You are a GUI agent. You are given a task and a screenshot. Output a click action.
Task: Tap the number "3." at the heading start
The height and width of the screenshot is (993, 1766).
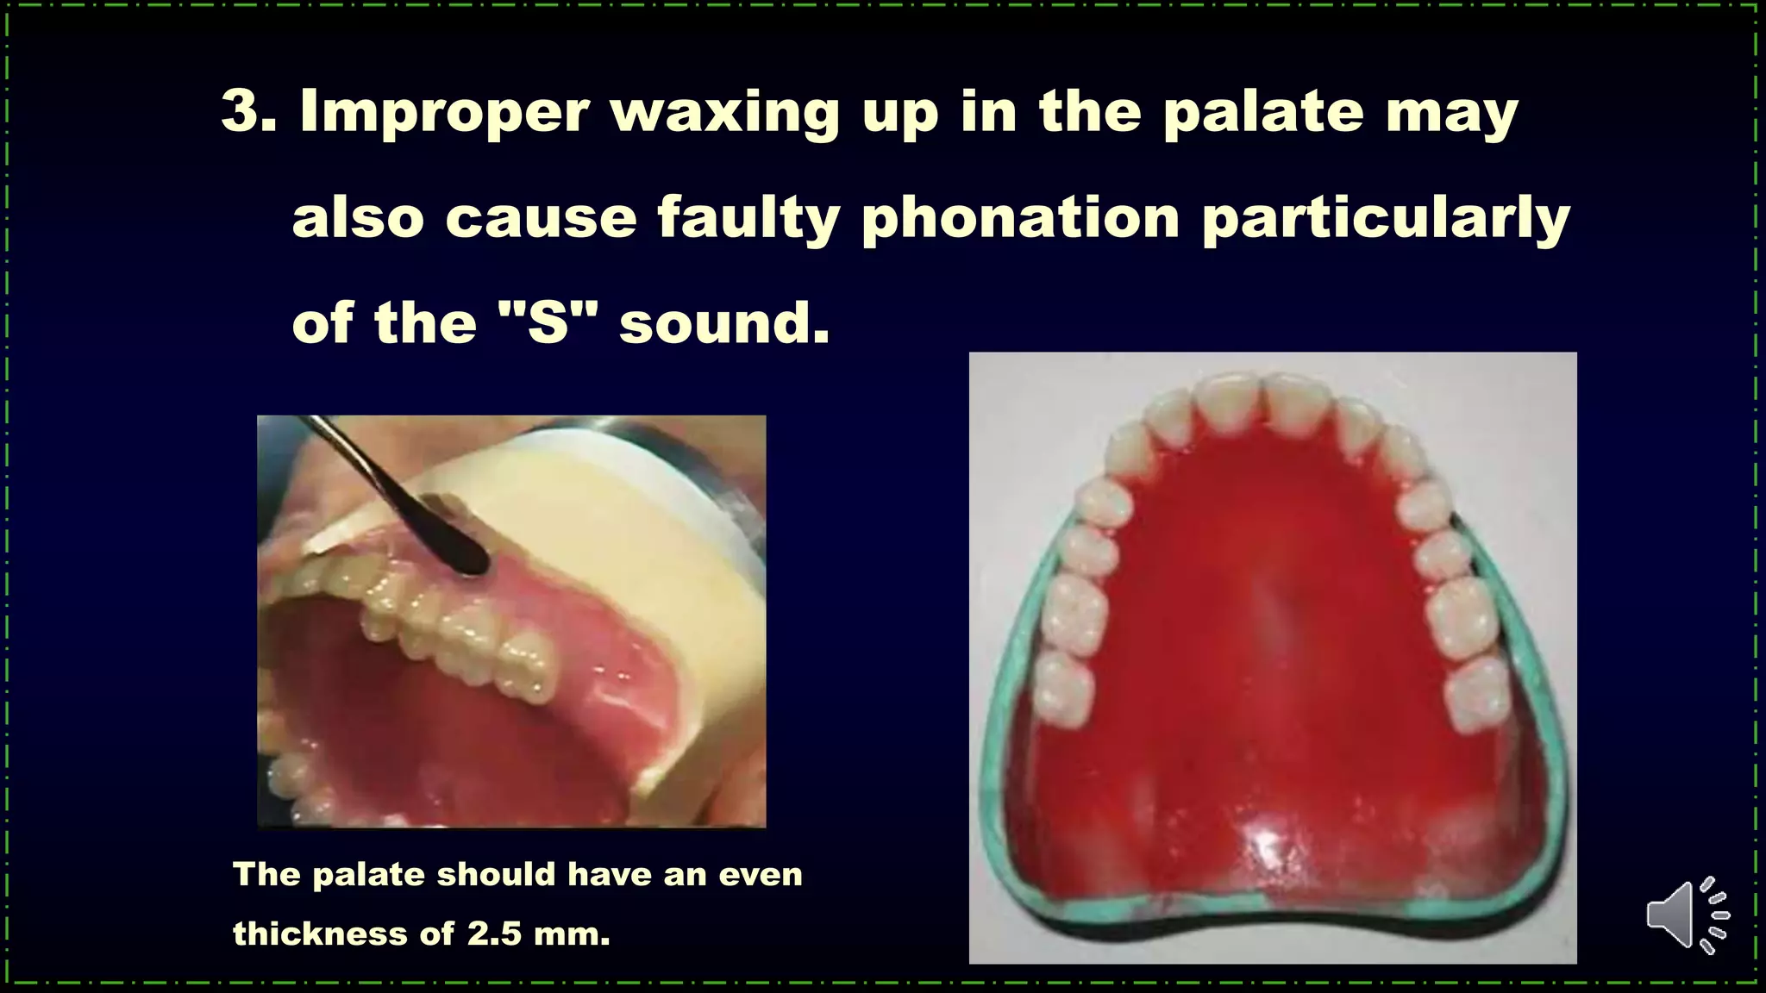click(x=248, y=112)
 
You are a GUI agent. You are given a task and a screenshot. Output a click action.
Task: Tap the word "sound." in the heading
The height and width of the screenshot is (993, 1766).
click(x=724, y=324)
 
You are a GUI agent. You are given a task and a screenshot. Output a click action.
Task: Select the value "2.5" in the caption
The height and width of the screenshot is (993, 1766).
click(x=494, y=934)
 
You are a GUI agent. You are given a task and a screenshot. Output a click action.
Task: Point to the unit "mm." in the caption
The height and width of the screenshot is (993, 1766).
click(x=571, y=934)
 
